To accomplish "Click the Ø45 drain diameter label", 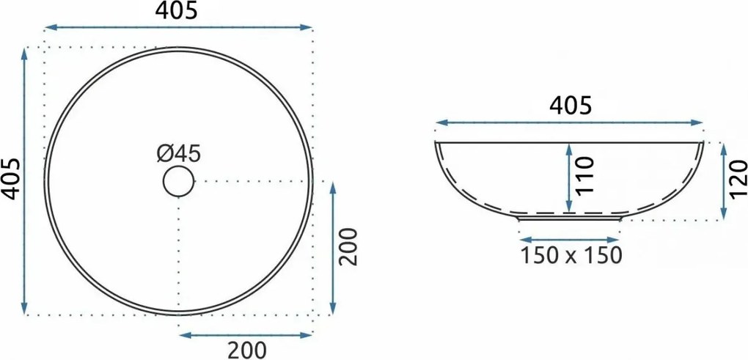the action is (179, 153).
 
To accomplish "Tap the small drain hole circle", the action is (178, 181).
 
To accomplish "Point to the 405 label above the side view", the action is (571, 106).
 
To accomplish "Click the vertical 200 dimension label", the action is (348, 246).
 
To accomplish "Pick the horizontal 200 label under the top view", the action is (246, 350).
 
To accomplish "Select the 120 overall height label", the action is (738, 179).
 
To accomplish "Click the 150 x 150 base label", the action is (571, 255).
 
